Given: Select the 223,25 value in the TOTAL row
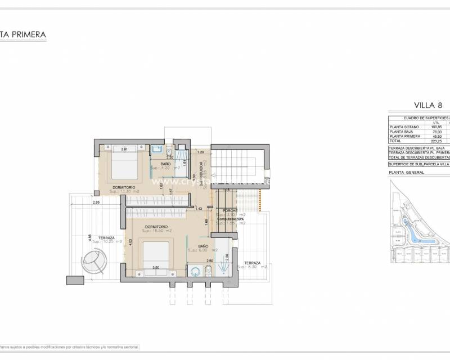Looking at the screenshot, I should point(436,141).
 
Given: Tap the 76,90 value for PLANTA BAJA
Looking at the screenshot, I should point(436,132).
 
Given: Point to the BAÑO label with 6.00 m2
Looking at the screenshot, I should point(204,246).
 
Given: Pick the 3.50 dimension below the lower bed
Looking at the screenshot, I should point(156,268).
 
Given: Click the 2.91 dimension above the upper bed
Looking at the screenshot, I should point(125,149).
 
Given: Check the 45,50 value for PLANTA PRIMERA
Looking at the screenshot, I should point(436,137).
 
